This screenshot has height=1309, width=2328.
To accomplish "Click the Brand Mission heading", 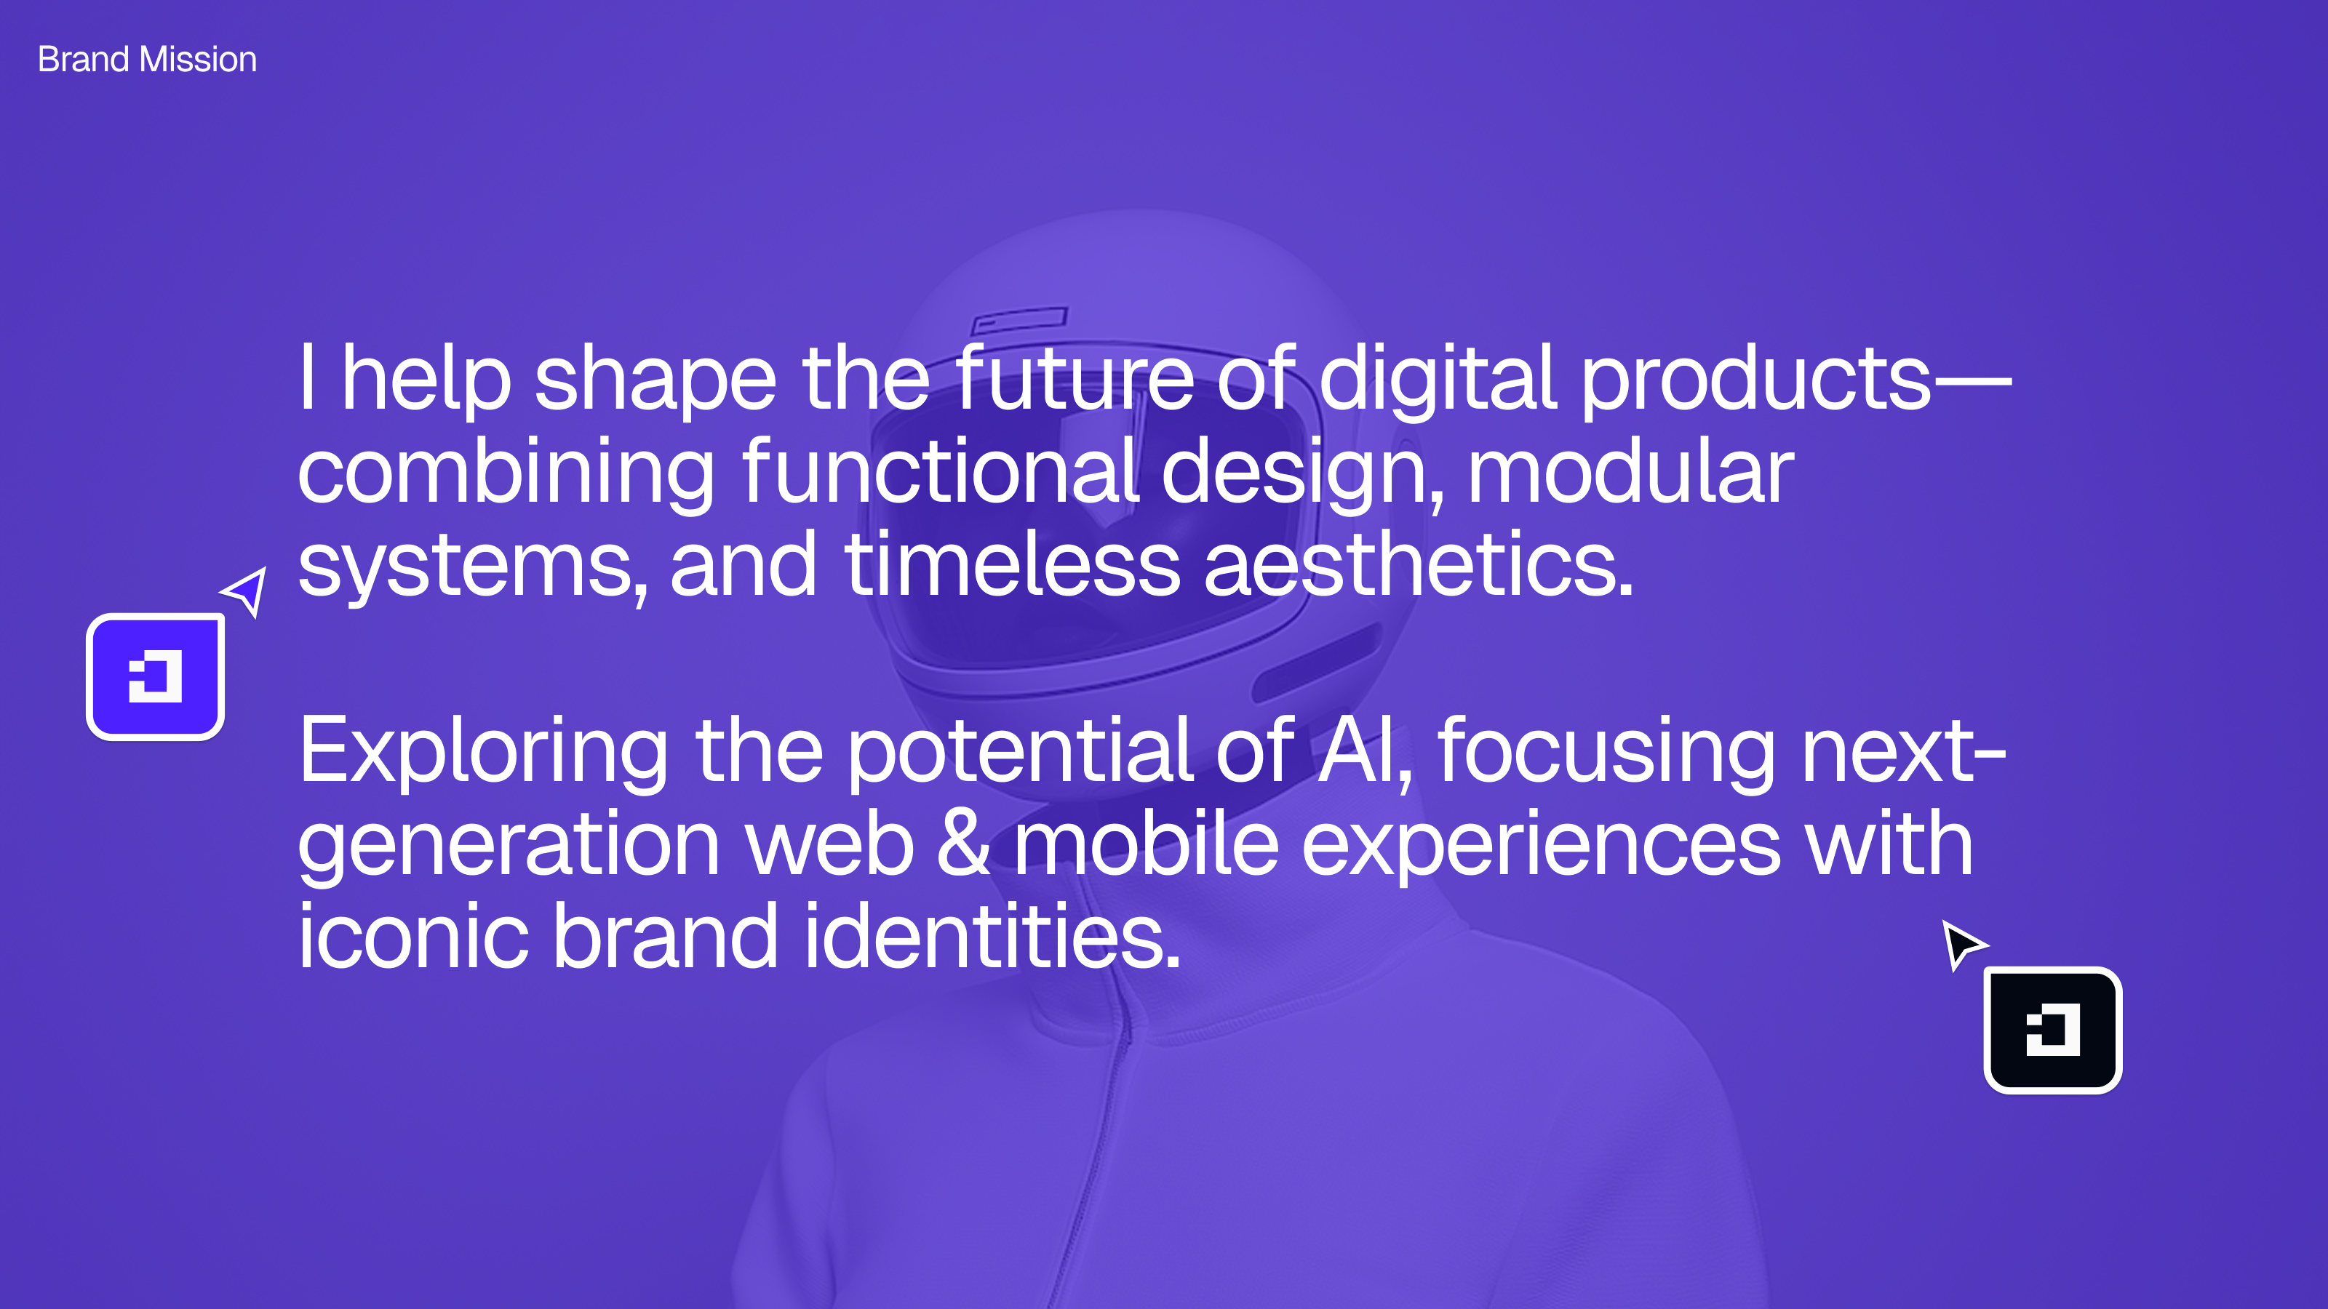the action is tap(147, 60).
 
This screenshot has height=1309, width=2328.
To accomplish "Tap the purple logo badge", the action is tap(156, 676).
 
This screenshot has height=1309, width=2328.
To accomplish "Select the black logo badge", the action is tap(2052, 1030).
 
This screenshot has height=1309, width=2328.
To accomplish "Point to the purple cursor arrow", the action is tap(246, 591).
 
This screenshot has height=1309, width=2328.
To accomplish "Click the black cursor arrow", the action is tap(1963, 945).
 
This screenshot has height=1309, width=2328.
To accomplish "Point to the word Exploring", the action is tap(484, 752).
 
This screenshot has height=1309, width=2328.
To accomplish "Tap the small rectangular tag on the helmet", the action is tap(1019, 320).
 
